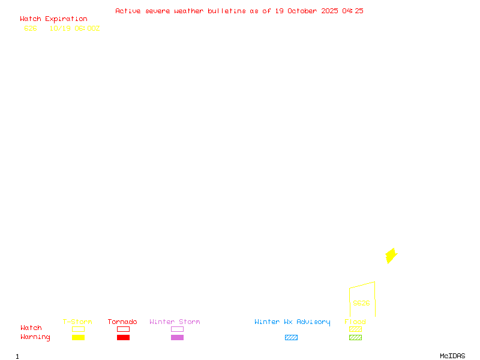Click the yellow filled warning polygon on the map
(391, 256)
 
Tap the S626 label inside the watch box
(361, 303)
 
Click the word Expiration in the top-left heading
(66, 19)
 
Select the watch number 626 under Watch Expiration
(30, 28)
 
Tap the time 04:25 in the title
(353, 11)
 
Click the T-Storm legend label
(77, 322)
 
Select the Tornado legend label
(122, 322)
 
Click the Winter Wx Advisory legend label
(292, 322)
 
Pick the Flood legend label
(355, 322)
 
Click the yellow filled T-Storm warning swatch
(78, 338)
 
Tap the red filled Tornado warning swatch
(123, 338)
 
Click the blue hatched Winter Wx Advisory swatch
(291, 338)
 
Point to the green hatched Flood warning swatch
(355, 338)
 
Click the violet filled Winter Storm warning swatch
(177, 338)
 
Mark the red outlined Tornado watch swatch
(123, 329)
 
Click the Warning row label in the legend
(35, 337)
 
